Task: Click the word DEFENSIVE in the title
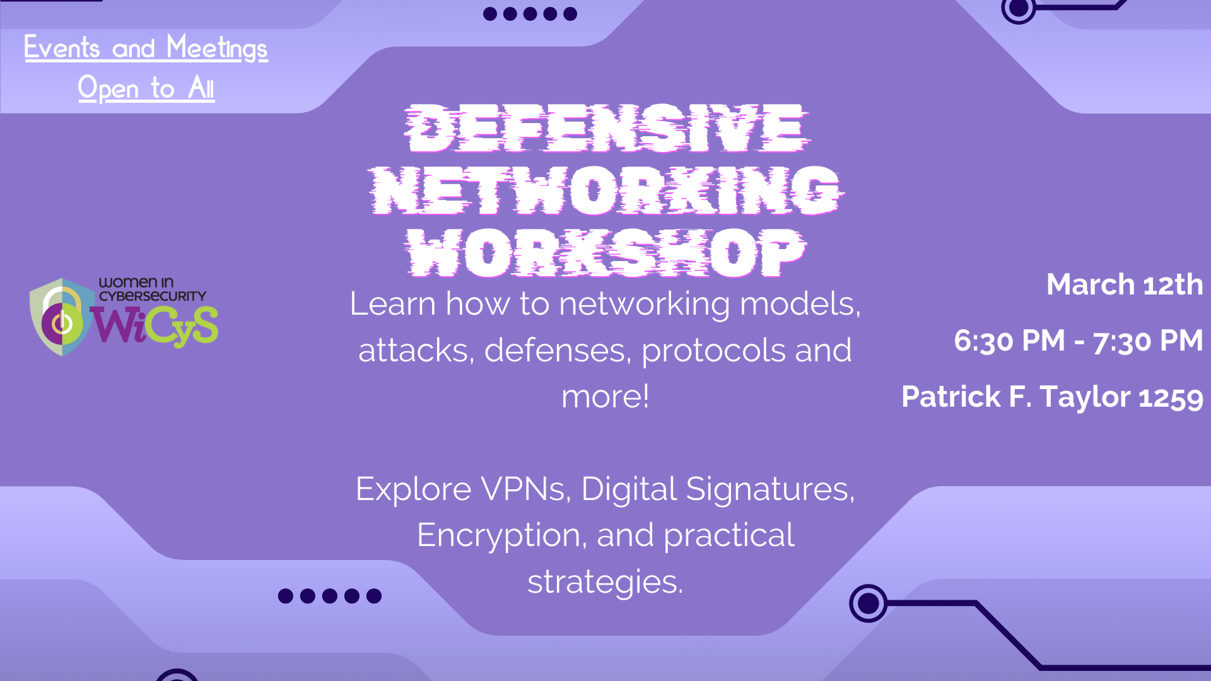coord(606,129)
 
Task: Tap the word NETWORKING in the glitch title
coord(606,190)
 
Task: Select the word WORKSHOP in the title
coord(606,252)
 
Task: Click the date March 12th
coord(1125,284)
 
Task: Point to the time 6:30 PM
coord(1009,340)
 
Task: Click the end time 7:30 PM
coord(1148,340)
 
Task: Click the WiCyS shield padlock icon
coord(61,317)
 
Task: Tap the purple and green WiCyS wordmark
coord(155,326)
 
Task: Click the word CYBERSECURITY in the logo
coord(153,296)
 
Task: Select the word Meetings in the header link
coord(217,49)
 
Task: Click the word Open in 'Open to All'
coord(108,88)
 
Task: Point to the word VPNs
coord(526,489)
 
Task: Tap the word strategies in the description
coord(605,581)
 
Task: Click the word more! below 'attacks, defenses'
coord(605,397)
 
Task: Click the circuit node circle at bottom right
coord(869,603)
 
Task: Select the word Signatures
coord(770,489)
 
